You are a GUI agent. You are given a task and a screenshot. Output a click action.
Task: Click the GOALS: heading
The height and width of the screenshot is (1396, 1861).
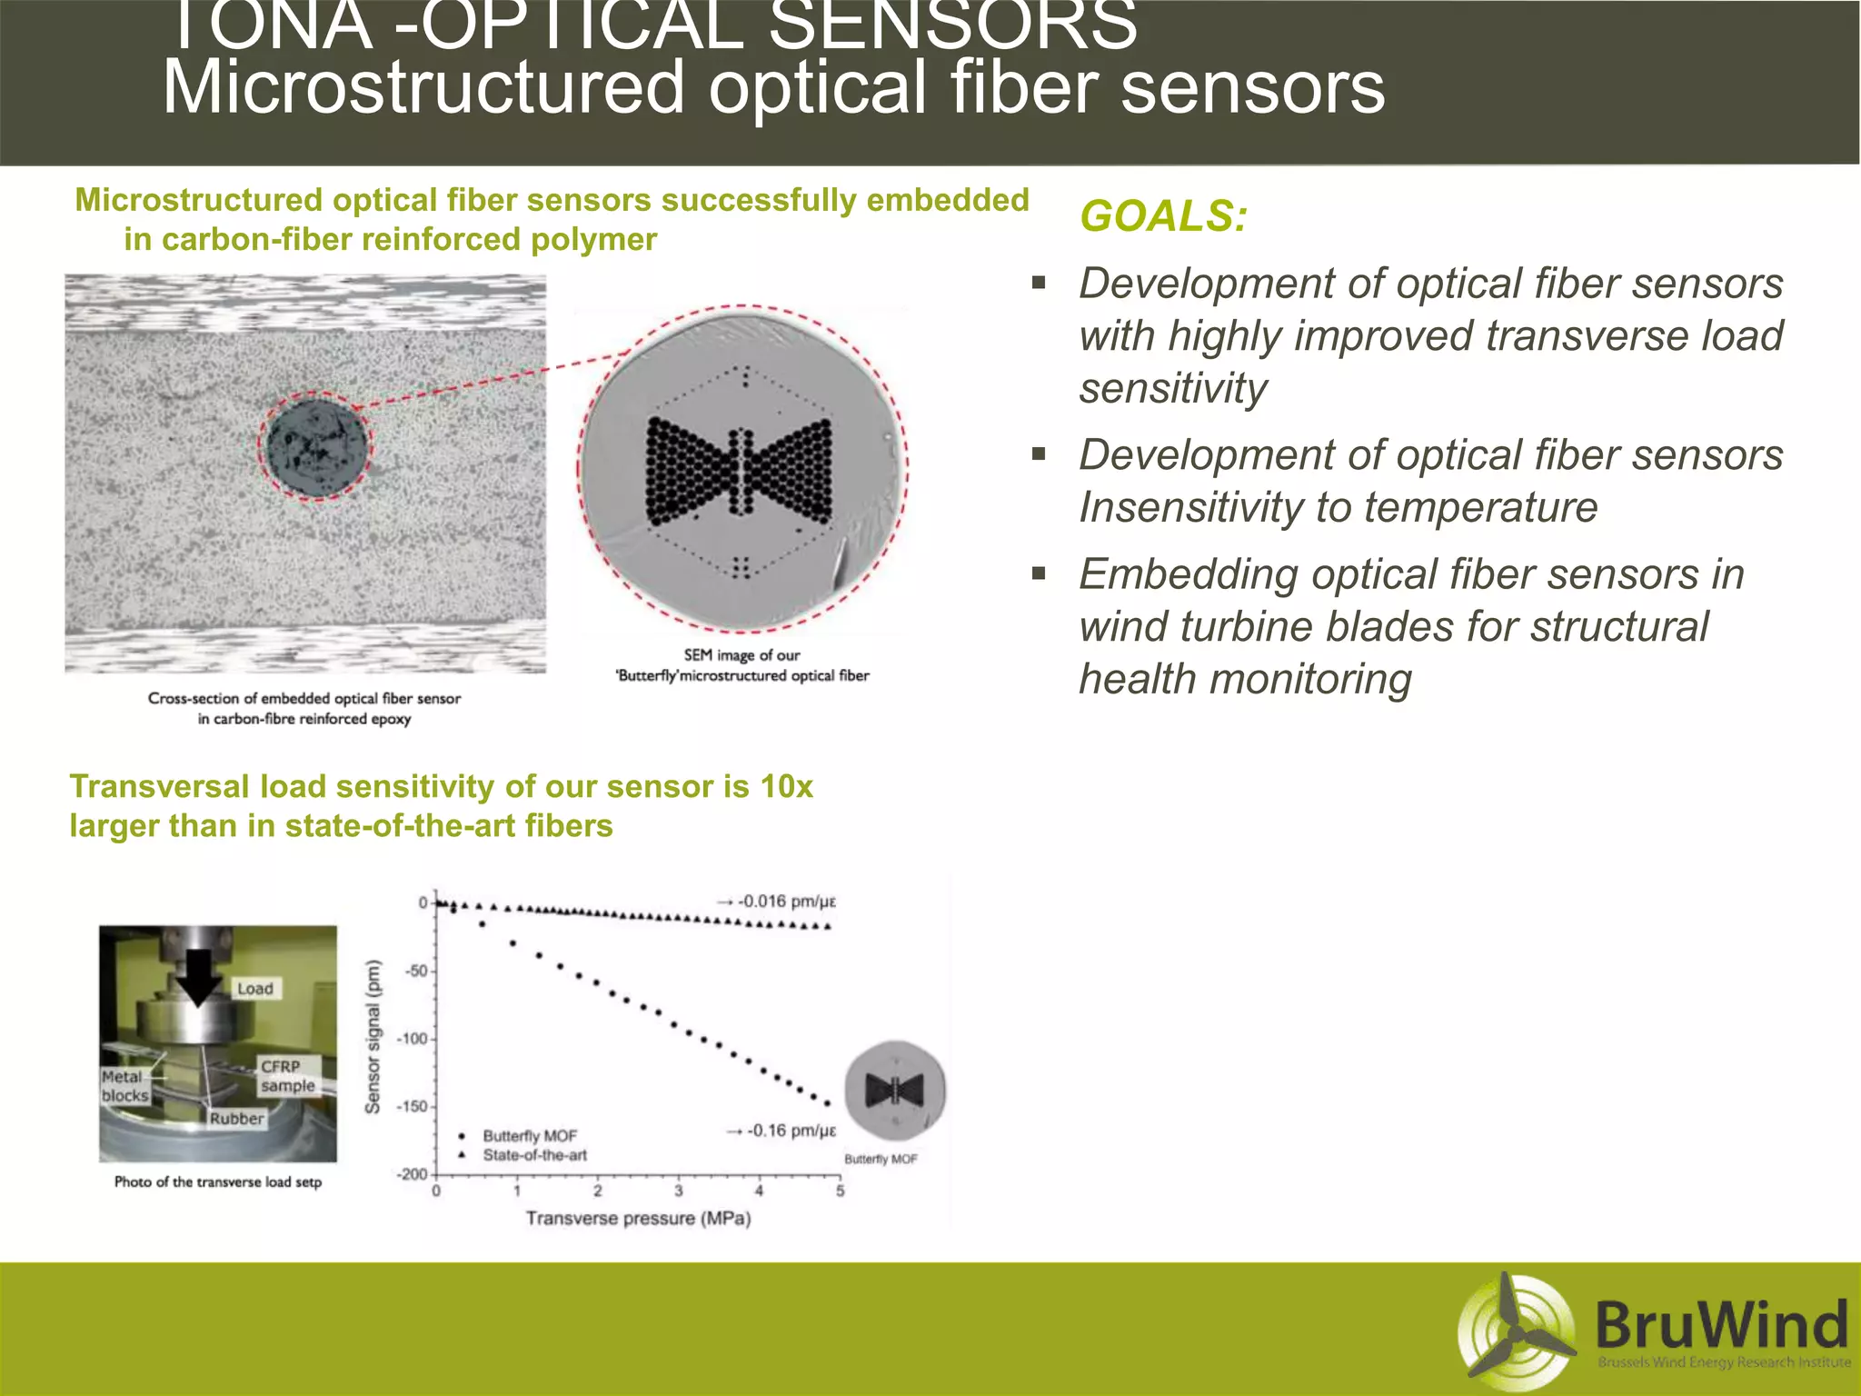1162,216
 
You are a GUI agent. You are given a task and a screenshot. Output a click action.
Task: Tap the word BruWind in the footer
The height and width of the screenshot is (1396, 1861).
1720,1324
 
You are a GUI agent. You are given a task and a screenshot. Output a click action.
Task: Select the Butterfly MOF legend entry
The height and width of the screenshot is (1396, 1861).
529,1136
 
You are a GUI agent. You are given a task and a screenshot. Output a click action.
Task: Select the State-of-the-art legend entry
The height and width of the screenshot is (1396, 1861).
533,1156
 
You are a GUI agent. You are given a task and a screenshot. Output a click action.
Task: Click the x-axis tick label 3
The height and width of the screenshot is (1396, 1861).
678,1192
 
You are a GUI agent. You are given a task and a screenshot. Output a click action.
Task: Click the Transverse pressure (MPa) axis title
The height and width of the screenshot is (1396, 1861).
638,1219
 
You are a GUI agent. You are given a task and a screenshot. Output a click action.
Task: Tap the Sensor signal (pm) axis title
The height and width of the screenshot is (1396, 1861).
373,1037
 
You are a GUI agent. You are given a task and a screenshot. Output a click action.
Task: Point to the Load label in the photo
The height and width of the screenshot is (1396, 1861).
254,989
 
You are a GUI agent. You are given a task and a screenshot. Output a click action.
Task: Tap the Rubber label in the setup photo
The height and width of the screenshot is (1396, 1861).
236,1119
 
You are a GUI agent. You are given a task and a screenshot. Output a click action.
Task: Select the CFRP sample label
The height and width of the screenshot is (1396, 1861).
287,1076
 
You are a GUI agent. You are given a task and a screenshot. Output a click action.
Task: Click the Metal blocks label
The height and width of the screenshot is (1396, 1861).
124,1086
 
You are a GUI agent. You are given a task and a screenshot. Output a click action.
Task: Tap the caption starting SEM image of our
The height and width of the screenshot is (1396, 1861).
741,665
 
